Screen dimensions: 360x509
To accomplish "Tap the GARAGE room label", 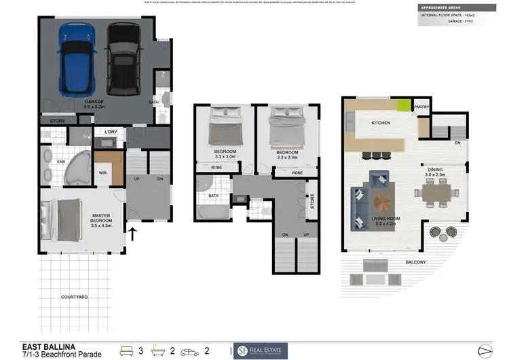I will (94, 104).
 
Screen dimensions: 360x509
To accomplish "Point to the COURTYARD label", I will (73, 297).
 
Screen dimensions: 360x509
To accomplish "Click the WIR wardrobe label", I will (103, 173).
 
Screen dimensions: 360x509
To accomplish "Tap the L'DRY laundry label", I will (111, 132).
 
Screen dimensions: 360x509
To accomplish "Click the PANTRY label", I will (421, 107).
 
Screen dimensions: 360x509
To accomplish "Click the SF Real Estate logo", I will (261, 350).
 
